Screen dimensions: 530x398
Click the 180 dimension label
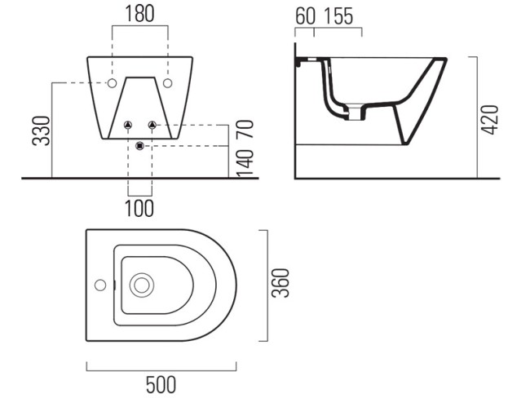tap(140, 14)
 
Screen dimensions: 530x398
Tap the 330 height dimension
tap(41, 130)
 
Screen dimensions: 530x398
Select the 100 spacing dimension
tap(139, 208)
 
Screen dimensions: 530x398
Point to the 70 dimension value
tap(245, 129)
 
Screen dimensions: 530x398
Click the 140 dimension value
tap(245, 163)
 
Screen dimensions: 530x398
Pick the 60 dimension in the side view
tap(305, 15)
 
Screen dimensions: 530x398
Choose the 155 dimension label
tap(338, 15)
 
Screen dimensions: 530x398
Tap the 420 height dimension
tap(490, 120)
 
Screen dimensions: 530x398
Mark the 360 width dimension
tap(280, 283)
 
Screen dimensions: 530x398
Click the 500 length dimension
tap(161, 384)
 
